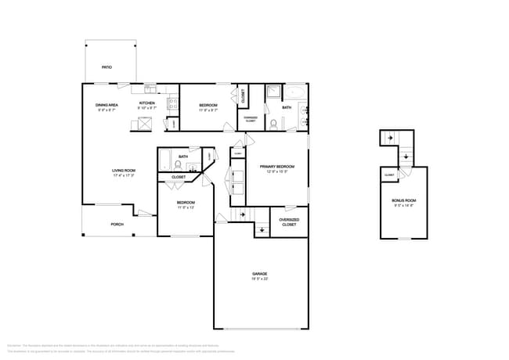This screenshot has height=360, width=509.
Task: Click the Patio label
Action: [x=106, y=67]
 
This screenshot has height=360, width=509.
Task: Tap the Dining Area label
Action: [x=106, y=105]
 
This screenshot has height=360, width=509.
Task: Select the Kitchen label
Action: [x=146, y=103]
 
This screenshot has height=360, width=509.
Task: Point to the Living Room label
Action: [x=124, y=171]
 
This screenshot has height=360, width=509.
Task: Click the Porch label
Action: [x=117, y=225]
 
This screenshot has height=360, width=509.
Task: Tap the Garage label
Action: [x=260, y=274]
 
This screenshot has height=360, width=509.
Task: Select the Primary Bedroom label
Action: [x=276, y=167]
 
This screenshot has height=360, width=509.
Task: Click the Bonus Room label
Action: [x=403, y=201]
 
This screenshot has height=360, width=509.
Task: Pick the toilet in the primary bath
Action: [x=273, y=124]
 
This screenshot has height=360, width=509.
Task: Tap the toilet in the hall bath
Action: [x=178, y=165]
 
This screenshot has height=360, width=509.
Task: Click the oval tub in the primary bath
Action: [x=296, y=94]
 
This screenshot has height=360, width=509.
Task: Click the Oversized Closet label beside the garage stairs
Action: [x=289, y=222]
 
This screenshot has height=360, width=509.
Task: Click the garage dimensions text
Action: [x=260, y=279]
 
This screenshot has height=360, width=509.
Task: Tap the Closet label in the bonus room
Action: [x=389, y=175]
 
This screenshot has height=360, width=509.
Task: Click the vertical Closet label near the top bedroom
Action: [x=243, y=97]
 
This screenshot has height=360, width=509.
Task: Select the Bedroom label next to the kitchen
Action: [x=208, y=105]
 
